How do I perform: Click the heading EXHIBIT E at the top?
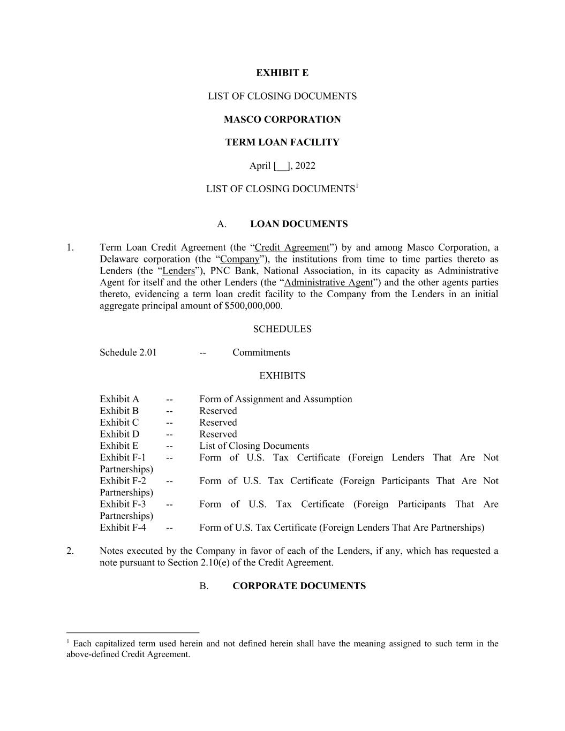pyautogui.click(x=282, y=73)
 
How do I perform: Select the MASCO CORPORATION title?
pyautogui.click(x=282, y=119)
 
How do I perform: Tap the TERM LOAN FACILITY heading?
pyautogui.click(x=282, y=142)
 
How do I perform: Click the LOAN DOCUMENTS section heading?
pyautogui.click(x=299, y=224)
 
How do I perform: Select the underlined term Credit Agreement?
pyautogui.click(x=292, y=247)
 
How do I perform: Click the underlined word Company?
pyautogui.click(x=239, y=259)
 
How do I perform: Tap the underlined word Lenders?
pyautogui.click(x=178, y=271)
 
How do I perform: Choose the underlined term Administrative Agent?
pyautogui.click(x=328, y=283)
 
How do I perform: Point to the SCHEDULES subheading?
pyautogui.click(x=282, y=329)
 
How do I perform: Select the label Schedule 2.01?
pyautogui.click(x=128, y=352)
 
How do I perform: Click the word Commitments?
pyautogui.click(x=261, y=352)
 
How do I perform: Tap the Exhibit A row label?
pyautogui.click(x=119, y=399)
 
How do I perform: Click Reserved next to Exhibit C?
pyautogui.click(x=218, y=423)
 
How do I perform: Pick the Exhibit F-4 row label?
pyautogui.click(x=123, y=527)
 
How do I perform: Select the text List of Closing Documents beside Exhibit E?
pyautogui.click(x=254, y=446)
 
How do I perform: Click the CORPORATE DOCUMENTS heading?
pyautogui.click(x=299, y=586)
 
